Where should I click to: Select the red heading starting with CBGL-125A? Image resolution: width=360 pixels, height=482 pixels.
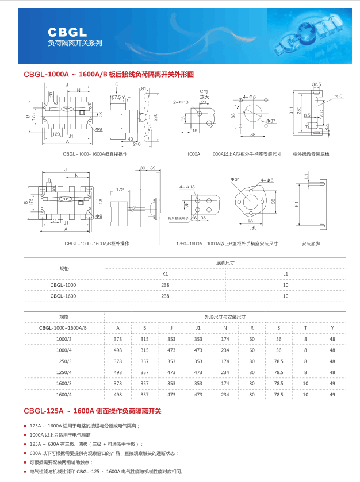(93, 411)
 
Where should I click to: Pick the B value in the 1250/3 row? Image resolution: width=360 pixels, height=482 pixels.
(144, 361)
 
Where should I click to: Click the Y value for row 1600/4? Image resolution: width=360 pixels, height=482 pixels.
(332, 394)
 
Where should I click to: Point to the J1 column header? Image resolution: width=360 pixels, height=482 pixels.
(198, 328)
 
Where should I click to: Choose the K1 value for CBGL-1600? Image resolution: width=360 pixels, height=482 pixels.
(166, 296)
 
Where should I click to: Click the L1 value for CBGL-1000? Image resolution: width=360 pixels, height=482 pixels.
(285, 285)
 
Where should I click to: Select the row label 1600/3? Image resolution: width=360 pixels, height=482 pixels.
(63, 383)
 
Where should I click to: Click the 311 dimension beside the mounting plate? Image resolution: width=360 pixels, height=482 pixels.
(292, 111)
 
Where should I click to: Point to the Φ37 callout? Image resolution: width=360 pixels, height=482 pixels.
(271, 121)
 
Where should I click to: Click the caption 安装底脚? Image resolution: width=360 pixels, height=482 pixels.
(311, 244)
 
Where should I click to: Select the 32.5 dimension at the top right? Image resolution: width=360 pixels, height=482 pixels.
(316, 84)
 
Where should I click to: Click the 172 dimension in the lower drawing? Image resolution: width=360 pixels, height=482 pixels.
(120, 189)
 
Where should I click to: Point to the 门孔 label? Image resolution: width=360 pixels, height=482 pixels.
(251, 228)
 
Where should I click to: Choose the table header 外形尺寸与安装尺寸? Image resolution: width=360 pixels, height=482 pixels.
(225, 317)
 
